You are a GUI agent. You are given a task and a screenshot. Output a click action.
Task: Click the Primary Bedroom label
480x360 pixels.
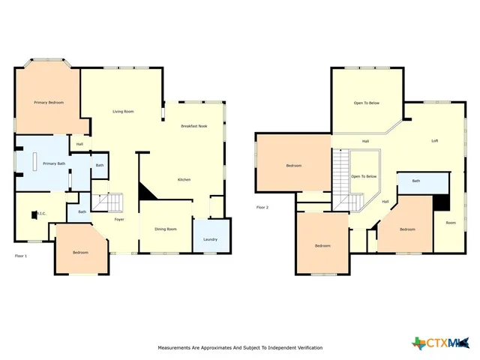tap(48, 101)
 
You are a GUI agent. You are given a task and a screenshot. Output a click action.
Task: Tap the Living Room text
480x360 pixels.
tap(123, 112)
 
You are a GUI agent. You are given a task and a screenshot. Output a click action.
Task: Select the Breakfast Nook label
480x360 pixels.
tap(193, 126)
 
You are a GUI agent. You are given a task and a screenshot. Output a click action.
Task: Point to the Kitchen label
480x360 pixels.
tap(184, 180)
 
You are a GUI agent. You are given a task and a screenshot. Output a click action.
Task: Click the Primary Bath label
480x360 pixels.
tap(54, 163)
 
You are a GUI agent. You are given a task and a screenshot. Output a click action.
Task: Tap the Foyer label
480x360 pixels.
tap(119, 219)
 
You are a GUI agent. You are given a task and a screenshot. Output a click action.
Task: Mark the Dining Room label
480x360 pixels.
tap(166, 229)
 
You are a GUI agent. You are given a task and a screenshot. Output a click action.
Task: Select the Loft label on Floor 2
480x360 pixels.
tap(434, 141)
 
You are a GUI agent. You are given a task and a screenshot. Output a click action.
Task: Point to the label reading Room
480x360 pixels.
tap(450, 222)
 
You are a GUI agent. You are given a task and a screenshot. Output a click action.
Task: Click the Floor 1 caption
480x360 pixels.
tap(21, 256)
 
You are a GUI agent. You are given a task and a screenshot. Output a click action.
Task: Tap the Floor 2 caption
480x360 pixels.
tap(262, 207)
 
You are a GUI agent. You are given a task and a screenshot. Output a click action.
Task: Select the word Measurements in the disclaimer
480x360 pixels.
tap(176, 348)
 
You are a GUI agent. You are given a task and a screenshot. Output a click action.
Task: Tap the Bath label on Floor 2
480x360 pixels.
tap(415, 181)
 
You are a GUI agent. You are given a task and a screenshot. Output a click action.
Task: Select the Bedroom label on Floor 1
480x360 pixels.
tap(80, 252)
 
